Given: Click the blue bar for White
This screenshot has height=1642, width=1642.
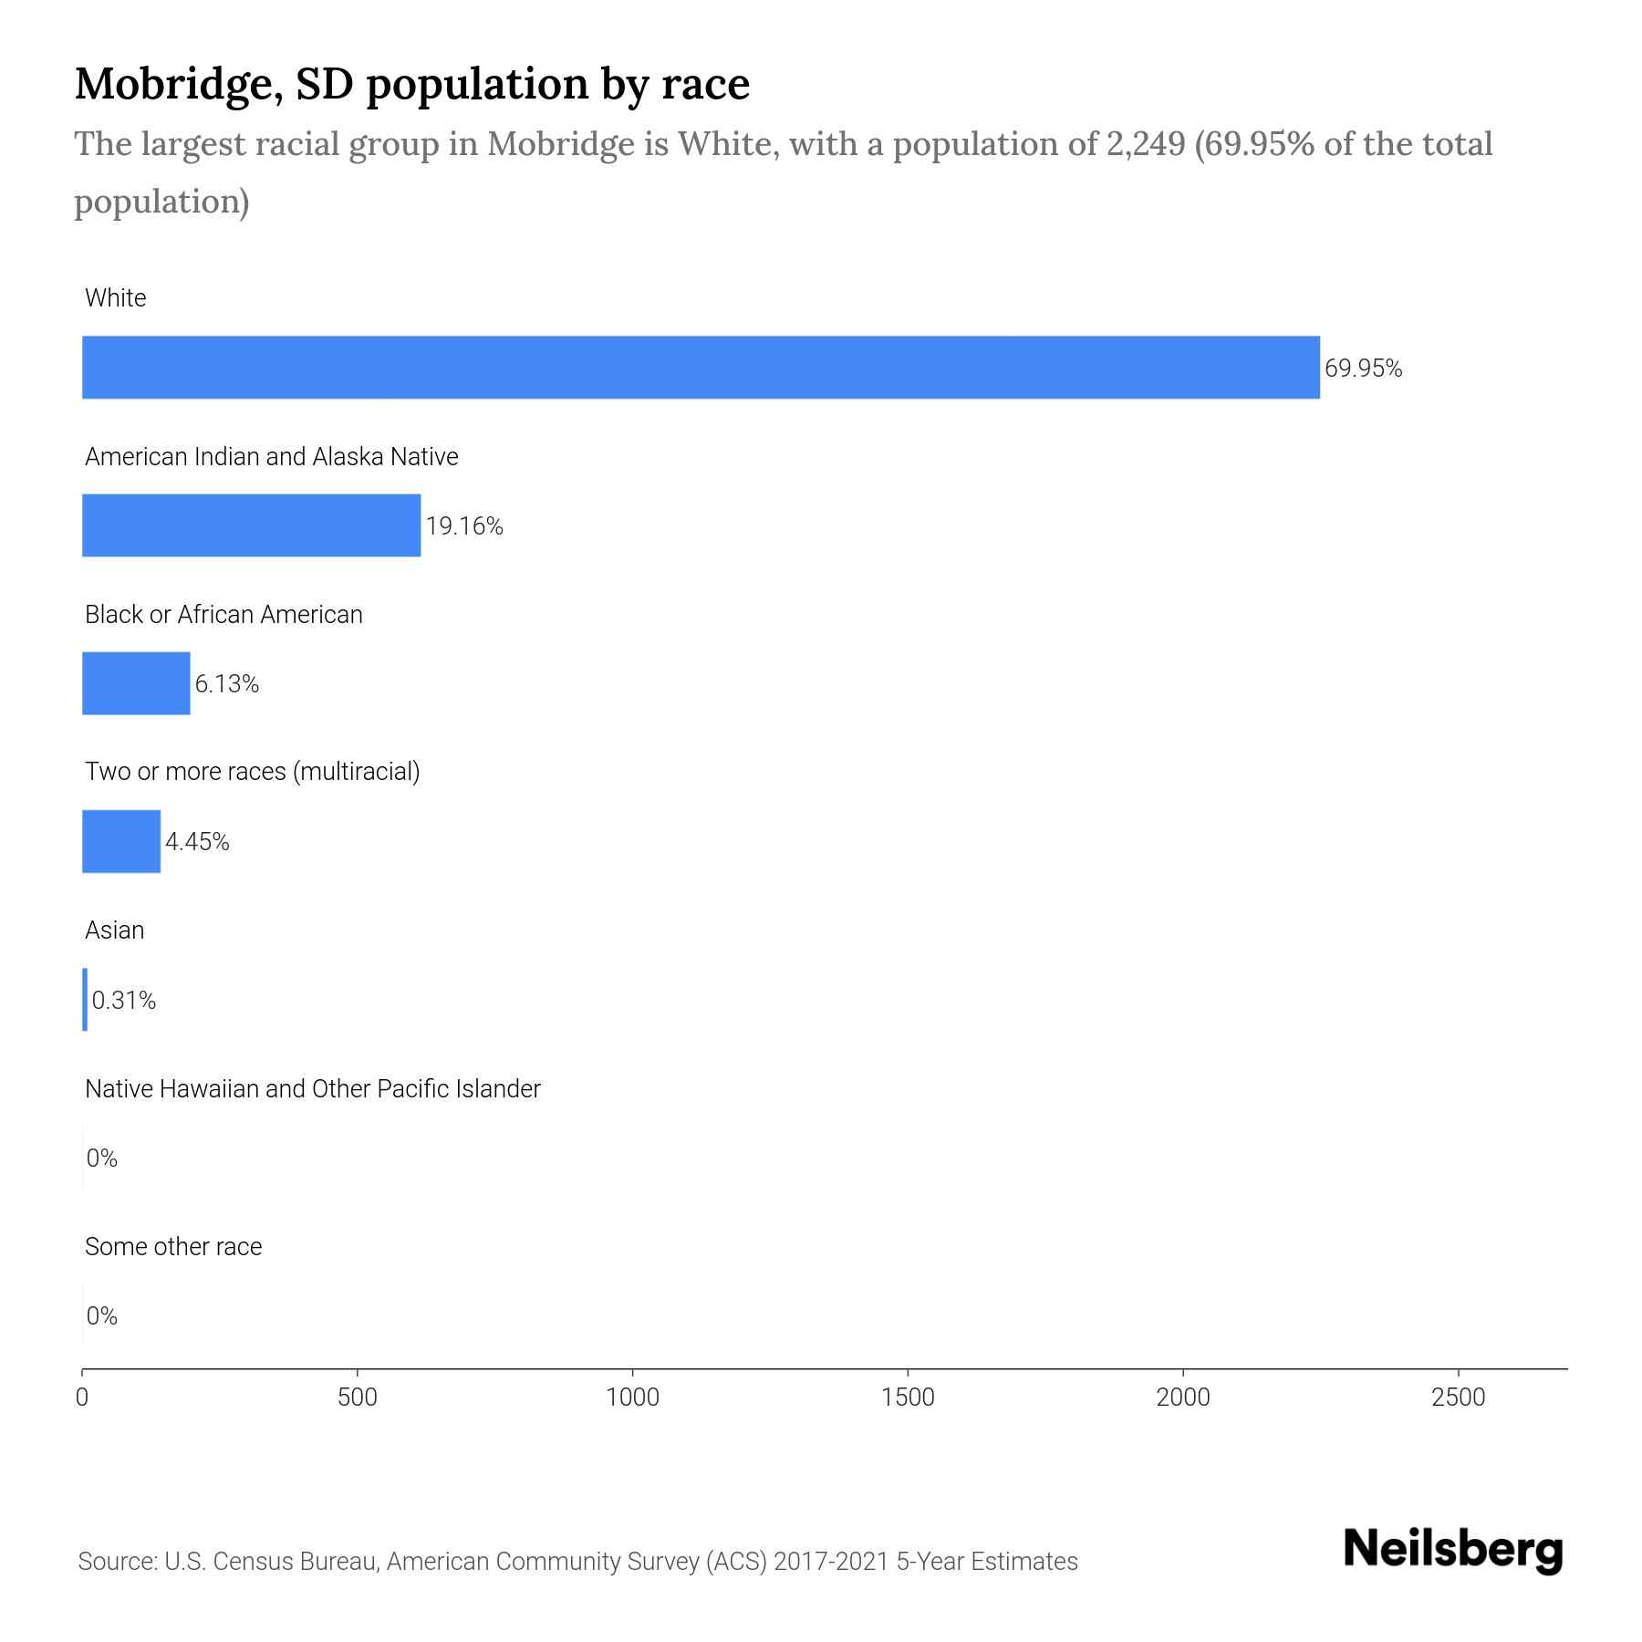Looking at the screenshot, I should pyautogui.click(x=701, y=368).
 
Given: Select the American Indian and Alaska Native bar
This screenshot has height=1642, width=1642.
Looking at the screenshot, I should pyautogui.click(x=251, y=525).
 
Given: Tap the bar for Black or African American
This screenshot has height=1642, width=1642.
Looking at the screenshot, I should pyautogui.click(x=136, y=683).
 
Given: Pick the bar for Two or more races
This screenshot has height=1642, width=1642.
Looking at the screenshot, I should pyautogui.click(x=121, y=841).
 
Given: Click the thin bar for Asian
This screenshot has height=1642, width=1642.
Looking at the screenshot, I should pyautogui.click(x=85, y=1000).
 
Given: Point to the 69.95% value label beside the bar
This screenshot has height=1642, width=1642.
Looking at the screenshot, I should pyautogui.click(x=1363, y=369).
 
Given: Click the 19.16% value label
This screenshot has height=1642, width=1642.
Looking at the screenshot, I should pyautogui.click(x=464, y=526).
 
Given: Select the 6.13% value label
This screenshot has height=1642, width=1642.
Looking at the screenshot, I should pyautogui.click(x=227, y=684).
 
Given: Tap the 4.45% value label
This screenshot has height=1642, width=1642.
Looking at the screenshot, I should pyautogui.click(x=197, y=842).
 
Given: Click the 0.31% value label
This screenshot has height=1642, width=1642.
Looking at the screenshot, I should pyautogui.click(x=124, y=1001).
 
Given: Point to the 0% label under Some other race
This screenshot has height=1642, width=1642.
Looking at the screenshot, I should pyautogui.click(x=102, y=1315).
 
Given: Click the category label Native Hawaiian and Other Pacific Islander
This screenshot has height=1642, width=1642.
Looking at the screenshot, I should pyautogui.click(x=312, y=1089).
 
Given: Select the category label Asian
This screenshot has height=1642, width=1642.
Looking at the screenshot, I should pyautogui.click(x=114, y=930).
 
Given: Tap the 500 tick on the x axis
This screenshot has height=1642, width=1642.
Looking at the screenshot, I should pyautogui.click(x=358, y=1398).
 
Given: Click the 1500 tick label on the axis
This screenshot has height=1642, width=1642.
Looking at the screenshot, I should pyautogui.click(x=909, y=1398).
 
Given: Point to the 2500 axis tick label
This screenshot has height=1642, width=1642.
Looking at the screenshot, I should pyautogui.click(x=1459, y=1398).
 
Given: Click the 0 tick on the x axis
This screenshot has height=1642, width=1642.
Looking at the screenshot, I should pyautogui.click(x=82, y=1398).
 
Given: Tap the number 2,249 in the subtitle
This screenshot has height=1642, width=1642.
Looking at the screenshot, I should pyautogui.click(x=1145, y=144).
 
